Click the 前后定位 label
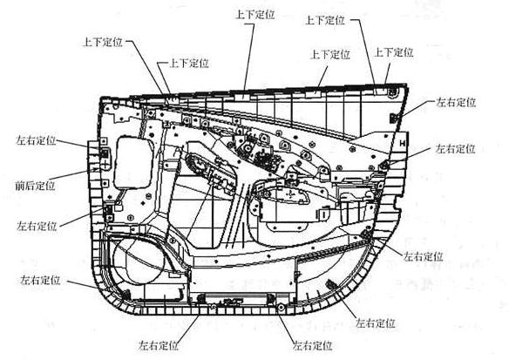36,186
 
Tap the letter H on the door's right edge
403,143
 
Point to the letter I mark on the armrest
323,214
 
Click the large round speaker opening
138,261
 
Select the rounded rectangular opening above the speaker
133,163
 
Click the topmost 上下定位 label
254,15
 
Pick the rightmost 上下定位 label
394,52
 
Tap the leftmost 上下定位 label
103,42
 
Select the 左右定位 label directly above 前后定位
36,140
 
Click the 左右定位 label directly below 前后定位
37,226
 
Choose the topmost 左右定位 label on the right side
456,103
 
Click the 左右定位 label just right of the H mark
455,149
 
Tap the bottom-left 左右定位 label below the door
159,344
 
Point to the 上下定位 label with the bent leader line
189,63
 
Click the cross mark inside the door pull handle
290,194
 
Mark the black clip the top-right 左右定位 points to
393,119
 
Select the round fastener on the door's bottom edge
281,307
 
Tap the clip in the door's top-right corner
393,92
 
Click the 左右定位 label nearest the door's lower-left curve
40,280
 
